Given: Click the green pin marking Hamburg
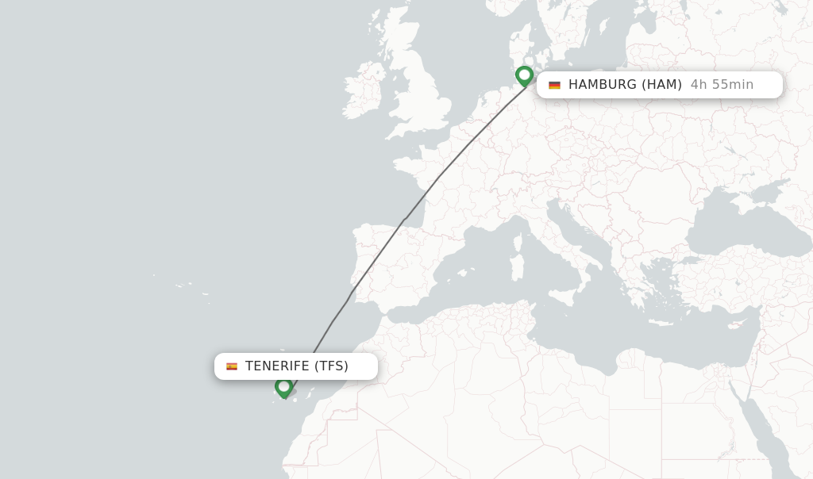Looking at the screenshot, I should pyautogui.click(x=524, y=76).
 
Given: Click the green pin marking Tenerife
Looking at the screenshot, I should pyautogui.click(x=283, y=387).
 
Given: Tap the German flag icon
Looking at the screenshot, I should pyautogui.click(x=554, y=85).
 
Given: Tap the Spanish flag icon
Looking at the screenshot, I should pyautogui.click(x=232, y=366).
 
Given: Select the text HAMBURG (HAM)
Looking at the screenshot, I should pyautogui.click(x=625, y=85).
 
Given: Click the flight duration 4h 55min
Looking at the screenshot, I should pyautogui.click(x=722, y=85).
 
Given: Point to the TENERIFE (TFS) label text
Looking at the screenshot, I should pyautogui.click(x=296, y=366).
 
